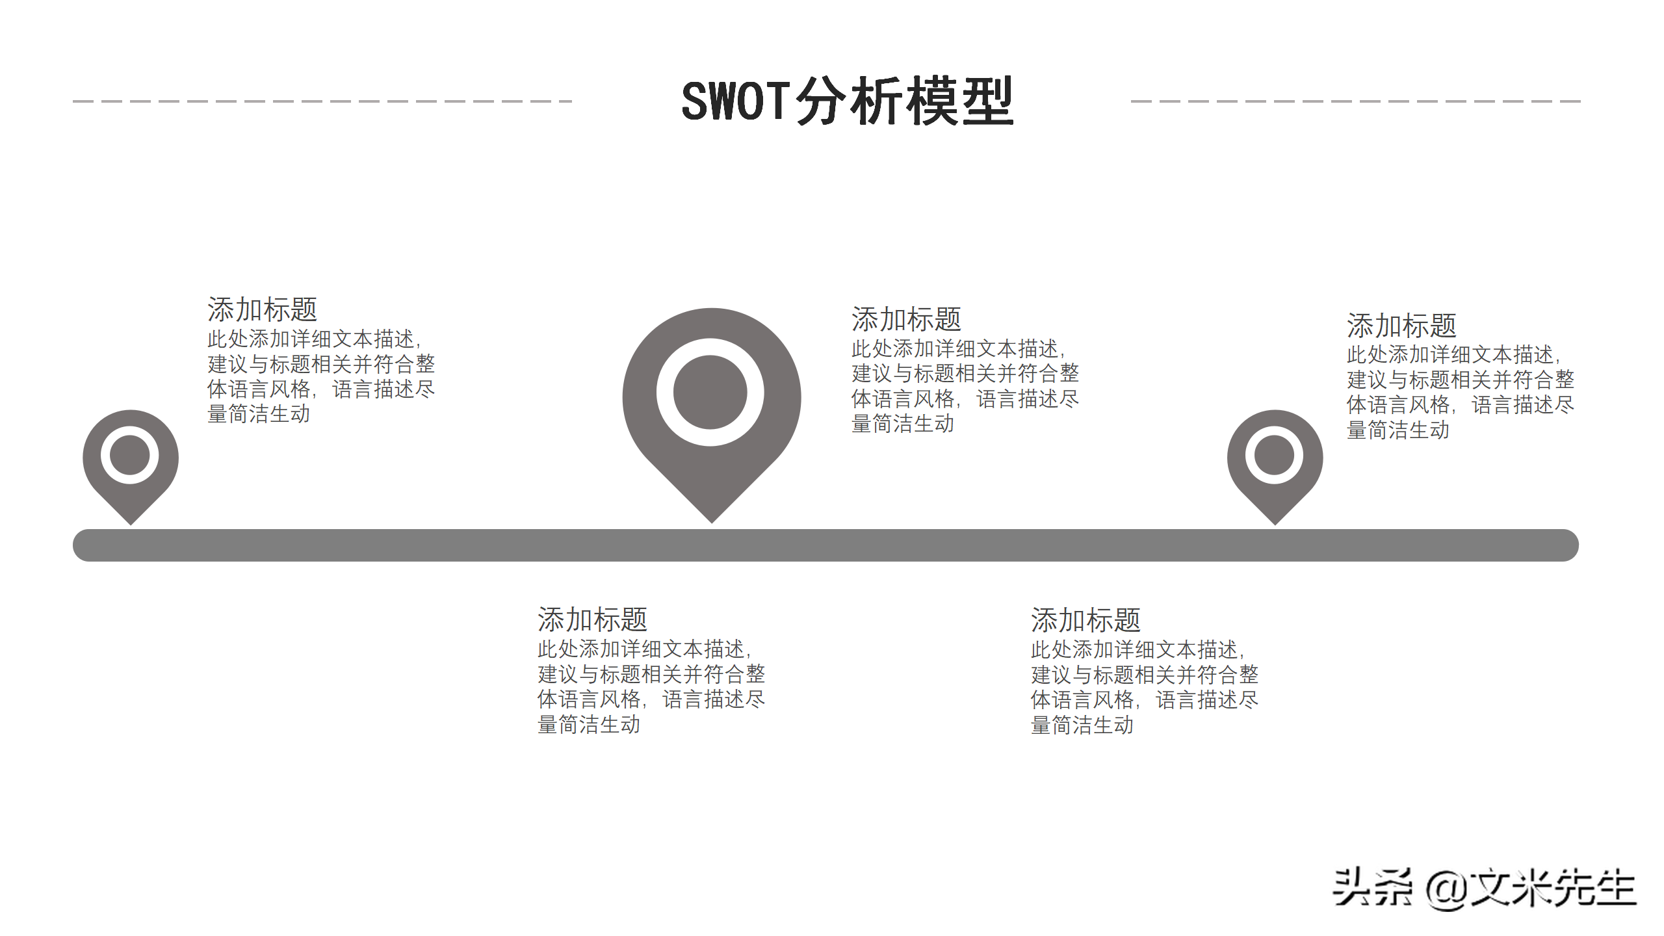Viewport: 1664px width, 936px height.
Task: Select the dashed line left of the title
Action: [322, 101]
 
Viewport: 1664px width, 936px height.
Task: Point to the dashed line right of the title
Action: [1355, 101]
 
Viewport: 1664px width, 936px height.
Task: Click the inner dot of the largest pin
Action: [710, 392]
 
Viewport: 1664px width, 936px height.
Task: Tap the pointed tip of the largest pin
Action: [712, 519]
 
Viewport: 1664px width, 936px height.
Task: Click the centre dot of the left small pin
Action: [130, 455]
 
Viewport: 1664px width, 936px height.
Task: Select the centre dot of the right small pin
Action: [1274, 455]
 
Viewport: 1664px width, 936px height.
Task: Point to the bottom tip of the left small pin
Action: [131, 521]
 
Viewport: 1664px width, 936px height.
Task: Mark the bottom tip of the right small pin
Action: [1275, 521]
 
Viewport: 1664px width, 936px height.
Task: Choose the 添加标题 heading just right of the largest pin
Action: [906, 320]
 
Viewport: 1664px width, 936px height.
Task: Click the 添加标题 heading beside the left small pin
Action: [262, 310]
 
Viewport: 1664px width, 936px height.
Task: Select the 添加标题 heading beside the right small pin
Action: [1401, 326]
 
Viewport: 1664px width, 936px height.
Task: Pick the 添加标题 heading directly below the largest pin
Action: [592, 620]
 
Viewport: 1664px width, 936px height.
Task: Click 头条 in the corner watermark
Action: [1371, 888]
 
